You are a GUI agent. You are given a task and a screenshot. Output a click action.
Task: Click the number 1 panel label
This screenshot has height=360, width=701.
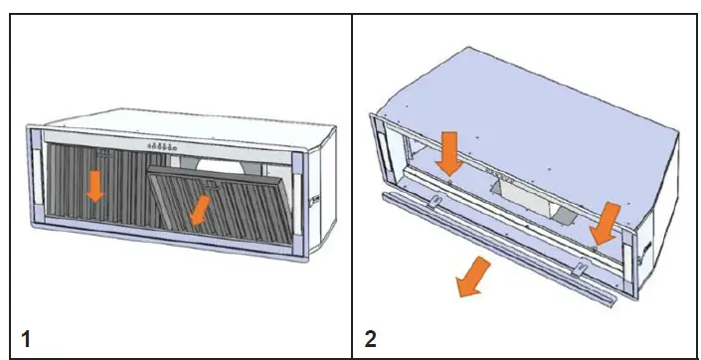click(26, 338)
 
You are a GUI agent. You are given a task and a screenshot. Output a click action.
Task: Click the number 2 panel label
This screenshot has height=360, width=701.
click(371, 338)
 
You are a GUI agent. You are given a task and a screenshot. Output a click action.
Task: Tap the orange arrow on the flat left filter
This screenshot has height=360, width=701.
click(94, 185)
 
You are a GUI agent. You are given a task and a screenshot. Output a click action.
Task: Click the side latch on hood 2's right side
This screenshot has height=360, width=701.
click(645, 245)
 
